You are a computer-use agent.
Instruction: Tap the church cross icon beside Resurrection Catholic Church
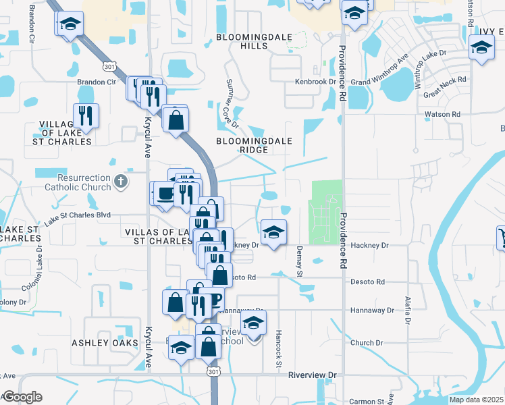click(120, 181)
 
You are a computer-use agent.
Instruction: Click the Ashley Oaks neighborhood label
click(105, 342)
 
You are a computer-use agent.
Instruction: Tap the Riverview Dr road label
click(312, 375)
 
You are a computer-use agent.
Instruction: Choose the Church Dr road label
click(367, 343)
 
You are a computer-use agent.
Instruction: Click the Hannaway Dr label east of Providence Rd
click(371, 310)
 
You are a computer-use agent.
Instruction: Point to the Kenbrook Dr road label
click(315, 82)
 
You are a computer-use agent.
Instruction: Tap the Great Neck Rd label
click(445, 88)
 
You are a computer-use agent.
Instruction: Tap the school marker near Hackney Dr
click(273, 233)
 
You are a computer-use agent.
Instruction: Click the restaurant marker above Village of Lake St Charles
click(86, 116)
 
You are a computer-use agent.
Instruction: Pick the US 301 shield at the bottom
click(213, 372)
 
